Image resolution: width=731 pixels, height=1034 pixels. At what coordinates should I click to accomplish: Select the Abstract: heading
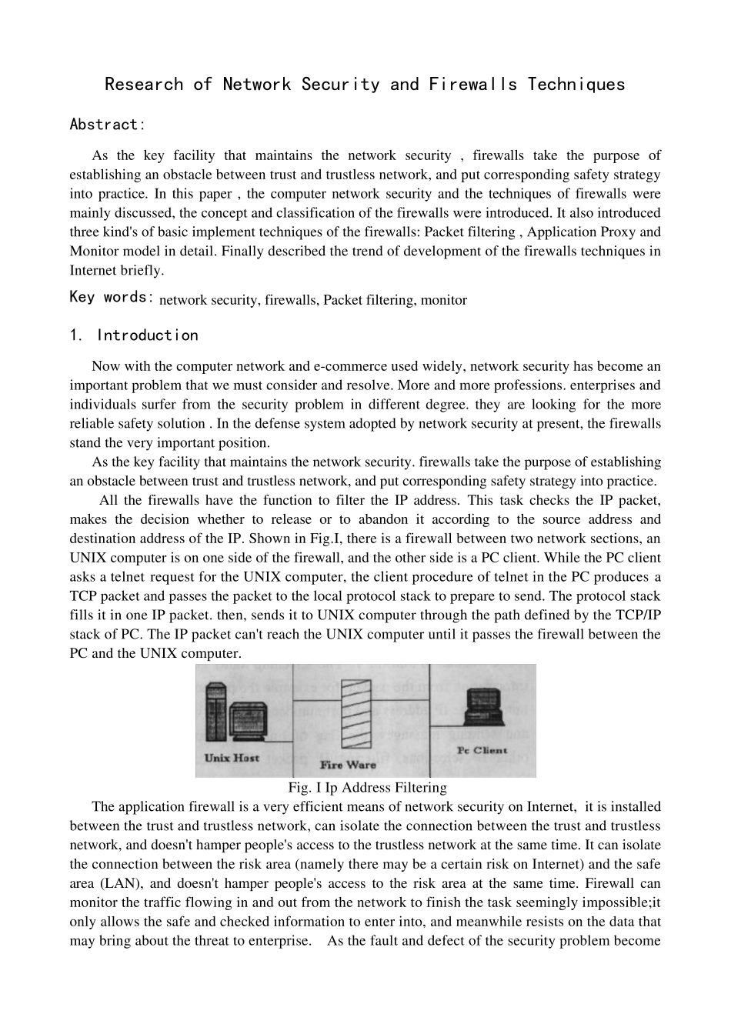coord(107,125)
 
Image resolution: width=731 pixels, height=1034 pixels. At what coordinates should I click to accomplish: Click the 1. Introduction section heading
coord(133,335)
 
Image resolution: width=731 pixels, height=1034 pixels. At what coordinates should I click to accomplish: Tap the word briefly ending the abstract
coord(142,270)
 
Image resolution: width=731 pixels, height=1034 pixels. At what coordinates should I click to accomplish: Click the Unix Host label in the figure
coord(232,758)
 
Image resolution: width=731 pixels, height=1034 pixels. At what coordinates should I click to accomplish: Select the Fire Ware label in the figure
coord(348,765)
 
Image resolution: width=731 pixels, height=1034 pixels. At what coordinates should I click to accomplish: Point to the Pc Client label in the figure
coord(482,750)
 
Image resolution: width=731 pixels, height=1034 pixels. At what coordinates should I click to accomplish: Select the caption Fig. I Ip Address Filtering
coord(367,788)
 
